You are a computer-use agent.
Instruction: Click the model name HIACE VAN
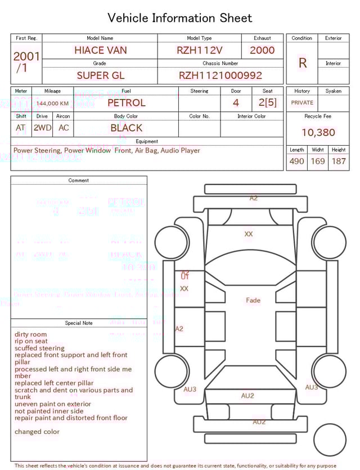pos(100,50)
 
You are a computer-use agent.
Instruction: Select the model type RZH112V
pos(199,50)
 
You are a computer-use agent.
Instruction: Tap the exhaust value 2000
pos(262,50)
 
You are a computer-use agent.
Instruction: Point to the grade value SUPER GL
pos(100,75)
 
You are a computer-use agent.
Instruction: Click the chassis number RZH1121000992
pos(220,75)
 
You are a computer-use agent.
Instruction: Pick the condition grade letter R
pos(302,63)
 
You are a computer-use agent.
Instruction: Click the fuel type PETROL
pos(126,103)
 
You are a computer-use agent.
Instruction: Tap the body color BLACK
pos(126,128)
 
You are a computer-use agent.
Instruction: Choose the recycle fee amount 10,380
pos(318,133)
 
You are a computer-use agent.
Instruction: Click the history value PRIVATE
pos(302,103)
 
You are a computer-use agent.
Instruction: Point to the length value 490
pos(296,162)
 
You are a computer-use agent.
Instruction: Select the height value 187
pos(339,162)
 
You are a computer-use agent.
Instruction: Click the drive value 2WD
pos(42,128)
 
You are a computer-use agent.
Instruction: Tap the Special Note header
pos(79,323)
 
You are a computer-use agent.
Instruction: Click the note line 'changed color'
pos(37,432)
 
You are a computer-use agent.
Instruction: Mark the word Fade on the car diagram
pos(253,301)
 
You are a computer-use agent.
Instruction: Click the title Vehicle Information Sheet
pos(180,18)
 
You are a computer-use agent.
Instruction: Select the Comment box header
pos(79,181)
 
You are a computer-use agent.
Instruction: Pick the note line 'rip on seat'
pos(31,342)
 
